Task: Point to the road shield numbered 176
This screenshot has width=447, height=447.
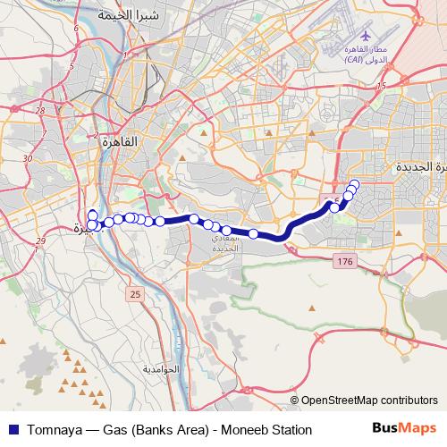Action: pos(344,260)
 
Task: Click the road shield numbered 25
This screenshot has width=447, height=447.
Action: pos(134,293)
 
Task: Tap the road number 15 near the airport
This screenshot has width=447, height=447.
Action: pos(381,86)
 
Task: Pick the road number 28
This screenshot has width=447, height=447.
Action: pos(42,111)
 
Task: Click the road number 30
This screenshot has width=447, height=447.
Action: pos(28,157)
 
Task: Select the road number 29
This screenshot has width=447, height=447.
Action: pos(39,241)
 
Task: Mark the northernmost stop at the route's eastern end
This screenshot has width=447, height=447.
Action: pos(355,185)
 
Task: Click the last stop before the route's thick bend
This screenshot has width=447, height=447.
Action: pos(254,234)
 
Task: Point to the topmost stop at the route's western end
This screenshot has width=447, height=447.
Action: pos(93,213)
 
